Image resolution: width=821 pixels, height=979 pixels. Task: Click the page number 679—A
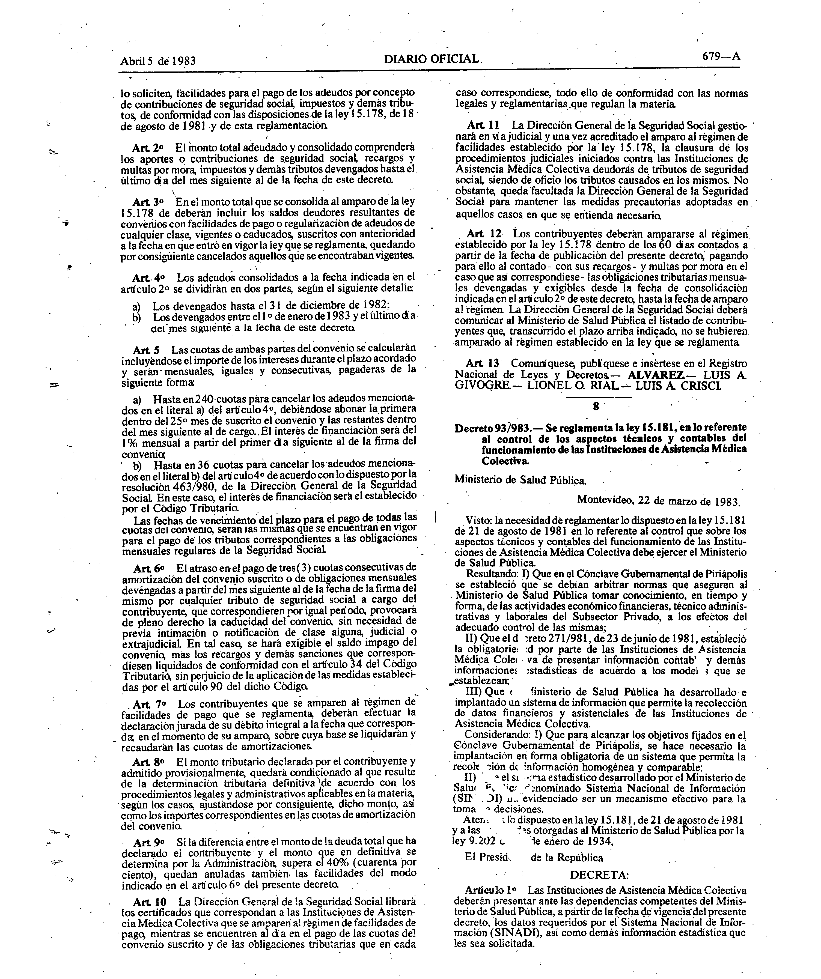(721, 56)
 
